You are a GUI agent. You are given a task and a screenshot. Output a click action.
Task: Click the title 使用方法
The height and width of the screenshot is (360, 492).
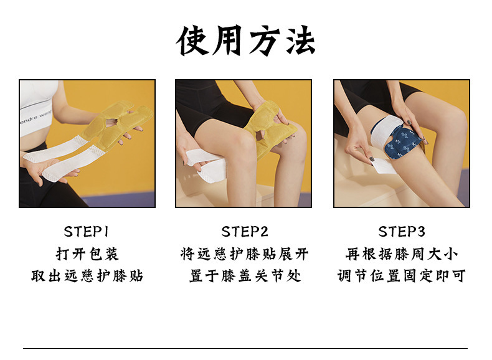(x=245, y=41)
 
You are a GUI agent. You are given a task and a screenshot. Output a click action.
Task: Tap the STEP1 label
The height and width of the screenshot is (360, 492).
(x=87, y=232)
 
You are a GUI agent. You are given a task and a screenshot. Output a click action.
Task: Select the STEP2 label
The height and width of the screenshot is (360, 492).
(x=245, y=232)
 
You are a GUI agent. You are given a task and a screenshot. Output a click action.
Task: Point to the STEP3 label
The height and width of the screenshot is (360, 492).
(x=402, y=232)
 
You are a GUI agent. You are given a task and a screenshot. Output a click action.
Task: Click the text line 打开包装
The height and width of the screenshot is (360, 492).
(x=87, y=254)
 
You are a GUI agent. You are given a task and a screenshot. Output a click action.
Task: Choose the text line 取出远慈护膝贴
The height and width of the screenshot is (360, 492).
(x=87, y=276)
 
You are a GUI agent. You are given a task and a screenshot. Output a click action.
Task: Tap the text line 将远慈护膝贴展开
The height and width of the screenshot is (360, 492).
(x=244, y=254)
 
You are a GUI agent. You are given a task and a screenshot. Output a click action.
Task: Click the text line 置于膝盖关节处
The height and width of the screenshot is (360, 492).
(x=245, y=276)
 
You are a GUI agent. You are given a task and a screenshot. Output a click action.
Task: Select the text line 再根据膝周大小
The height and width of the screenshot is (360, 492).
(x=402, y=254)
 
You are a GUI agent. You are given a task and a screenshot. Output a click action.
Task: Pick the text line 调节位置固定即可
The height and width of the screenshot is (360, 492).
(x=402, y=276)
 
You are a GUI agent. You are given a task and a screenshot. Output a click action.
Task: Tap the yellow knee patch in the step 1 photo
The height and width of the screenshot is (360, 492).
(x=116, y=123)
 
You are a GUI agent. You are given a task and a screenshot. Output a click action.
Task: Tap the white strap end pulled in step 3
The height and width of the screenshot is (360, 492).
(x=384, y=166)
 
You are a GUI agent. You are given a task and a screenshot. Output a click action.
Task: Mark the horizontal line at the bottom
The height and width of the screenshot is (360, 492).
(x=245, y=348)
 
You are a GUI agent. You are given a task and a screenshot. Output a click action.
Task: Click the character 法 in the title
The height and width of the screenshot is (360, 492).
(x=300, y=41)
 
